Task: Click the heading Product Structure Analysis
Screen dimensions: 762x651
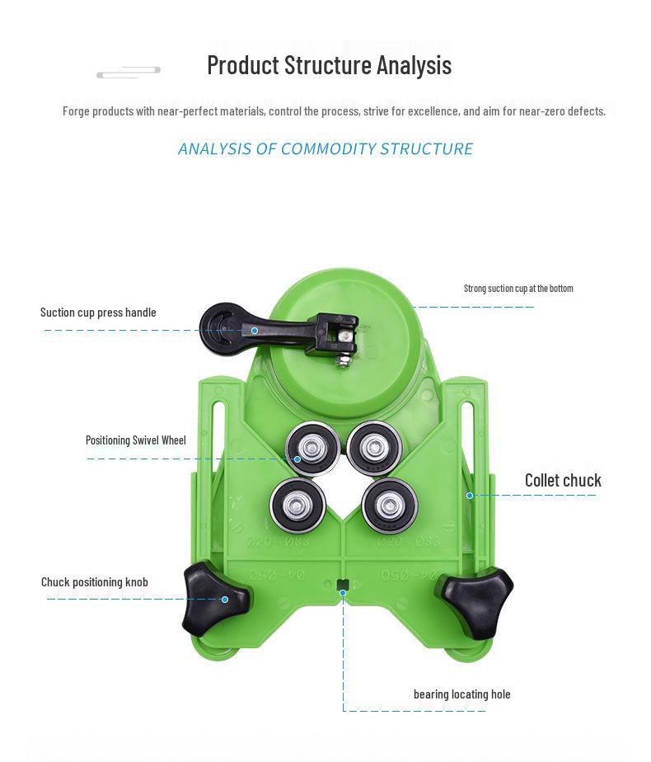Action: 329,65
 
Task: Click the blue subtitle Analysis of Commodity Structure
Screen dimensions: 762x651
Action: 325,149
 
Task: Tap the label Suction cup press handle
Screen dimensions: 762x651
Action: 98,313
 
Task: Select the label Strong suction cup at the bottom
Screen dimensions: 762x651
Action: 518,289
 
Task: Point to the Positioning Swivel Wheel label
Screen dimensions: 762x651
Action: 136,440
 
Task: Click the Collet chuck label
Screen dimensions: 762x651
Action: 563,481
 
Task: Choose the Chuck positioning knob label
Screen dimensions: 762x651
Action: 95,582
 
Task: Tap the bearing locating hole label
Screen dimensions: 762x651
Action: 461,694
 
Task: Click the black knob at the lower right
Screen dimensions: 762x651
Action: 475,601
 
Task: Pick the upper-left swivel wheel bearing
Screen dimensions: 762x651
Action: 312,449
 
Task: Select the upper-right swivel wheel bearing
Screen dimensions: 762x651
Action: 374,447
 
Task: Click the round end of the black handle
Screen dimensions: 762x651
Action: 220,327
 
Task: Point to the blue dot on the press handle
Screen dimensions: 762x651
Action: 255,331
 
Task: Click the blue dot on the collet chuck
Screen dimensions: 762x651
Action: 470,496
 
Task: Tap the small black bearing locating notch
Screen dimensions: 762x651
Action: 343,585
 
